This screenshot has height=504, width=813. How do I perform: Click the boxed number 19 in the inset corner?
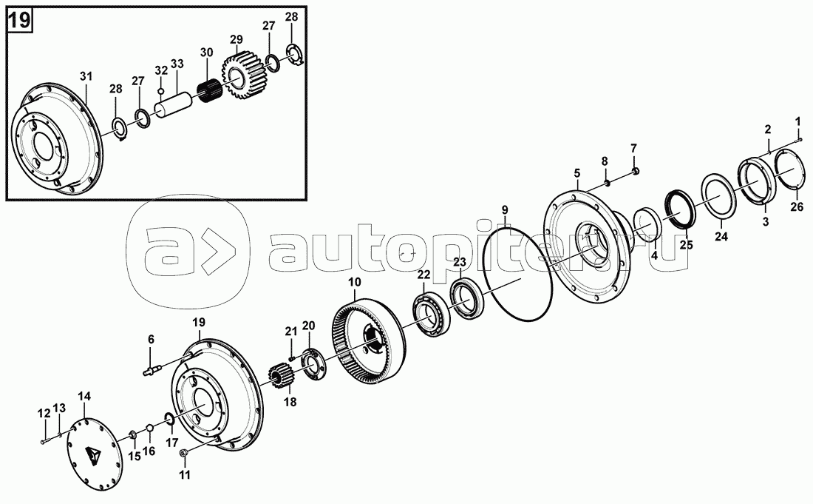click(19, 21)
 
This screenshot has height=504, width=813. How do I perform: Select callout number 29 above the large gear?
click(237, 39)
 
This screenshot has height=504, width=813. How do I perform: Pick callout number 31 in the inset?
click(86, 76)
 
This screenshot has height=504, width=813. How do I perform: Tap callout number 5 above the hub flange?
click(577, 172)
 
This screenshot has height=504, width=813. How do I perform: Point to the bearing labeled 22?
click(431, 315)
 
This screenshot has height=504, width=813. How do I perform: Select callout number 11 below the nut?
click(185, 474)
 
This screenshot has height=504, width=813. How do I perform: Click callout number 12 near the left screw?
click(44, 413)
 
